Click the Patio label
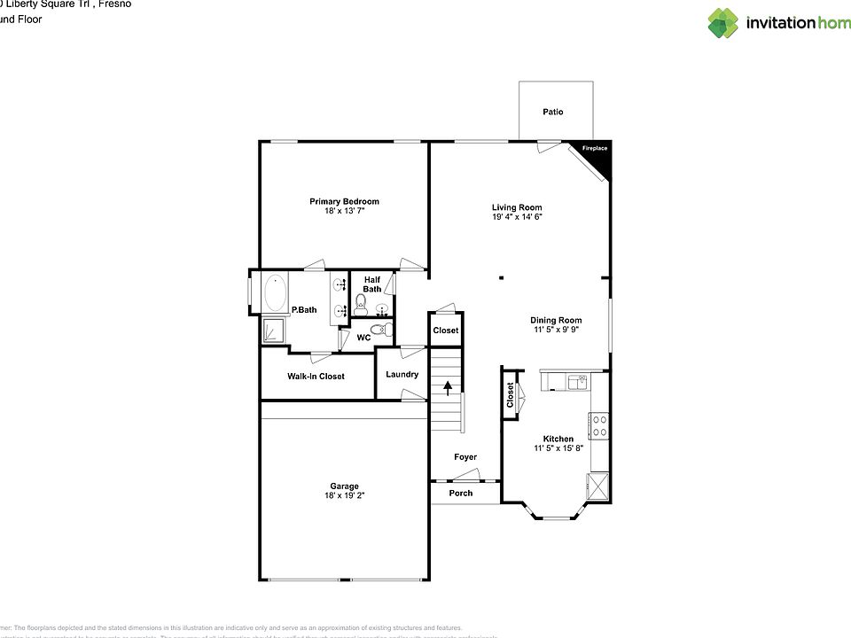553,112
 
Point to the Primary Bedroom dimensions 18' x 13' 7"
344,211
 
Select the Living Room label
517,207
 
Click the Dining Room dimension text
556,330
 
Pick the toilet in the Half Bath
361,305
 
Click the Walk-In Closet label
316,377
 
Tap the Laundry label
402,374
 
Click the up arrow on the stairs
448,386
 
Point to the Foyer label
465,457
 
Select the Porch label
461,493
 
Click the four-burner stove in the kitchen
598,426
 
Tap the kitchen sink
577,382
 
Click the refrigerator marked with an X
597,486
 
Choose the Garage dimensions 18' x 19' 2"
345,496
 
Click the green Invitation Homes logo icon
722,23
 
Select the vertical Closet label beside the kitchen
511,394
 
